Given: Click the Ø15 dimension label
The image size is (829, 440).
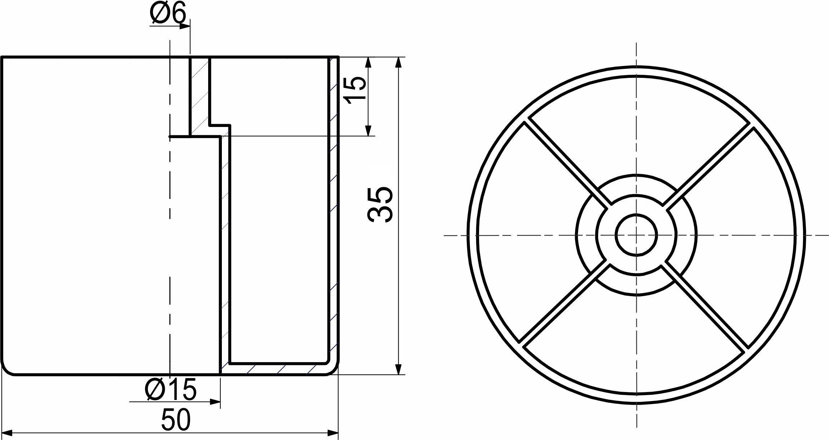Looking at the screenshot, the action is coord(171,390).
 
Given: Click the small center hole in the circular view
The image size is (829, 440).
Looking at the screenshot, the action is coord(636,235).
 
